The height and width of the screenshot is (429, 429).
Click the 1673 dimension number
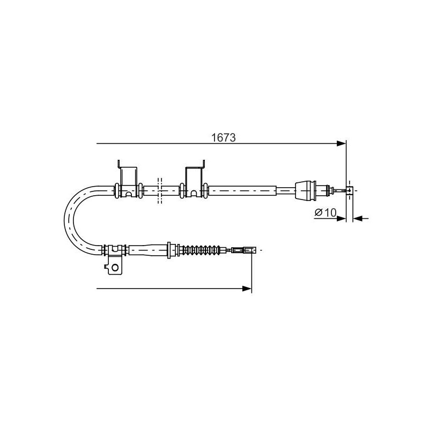tap(224, 138)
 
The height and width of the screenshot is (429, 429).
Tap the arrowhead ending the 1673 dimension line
tap(342, 143)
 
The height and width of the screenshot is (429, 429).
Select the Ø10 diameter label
tap(325, 212)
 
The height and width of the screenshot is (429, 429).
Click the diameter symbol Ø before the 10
tap(318, 212)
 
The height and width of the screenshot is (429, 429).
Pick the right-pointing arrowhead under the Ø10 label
tap(342, 218)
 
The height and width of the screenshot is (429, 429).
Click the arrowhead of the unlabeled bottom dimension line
tap(247, 289)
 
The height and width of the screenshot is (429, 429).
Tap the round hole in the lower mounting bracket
tap(115, 267)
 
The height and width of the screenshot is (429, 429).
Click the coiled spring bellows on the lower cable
tap(202, 250)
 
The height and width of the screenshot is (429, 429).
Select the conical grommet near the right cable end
tap(306, 190)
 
